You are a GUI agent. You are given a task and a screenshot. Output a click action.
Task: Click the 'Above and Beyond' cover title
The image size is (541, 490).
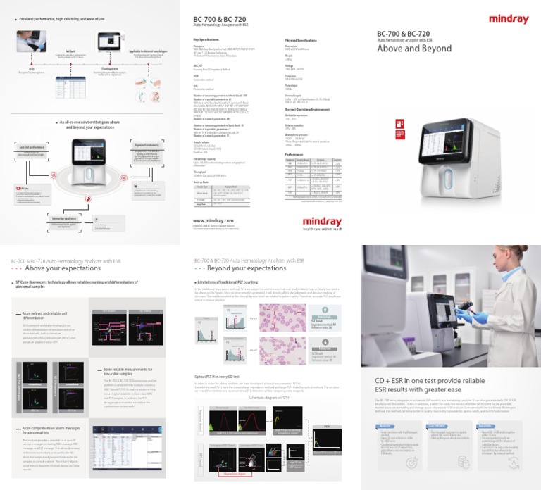(x=414, y=49)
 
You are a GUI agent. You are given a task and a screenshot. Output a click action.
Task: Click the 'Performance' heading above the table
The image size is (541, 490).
(x=296, y=153)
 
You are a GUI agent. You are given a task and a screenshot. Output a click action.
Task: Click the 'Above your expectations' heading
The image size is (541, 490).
(x=56, y=268)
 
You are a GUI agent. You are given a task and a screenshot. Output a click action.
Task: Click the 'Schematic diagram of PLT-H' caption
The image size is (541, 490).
(x=273, y=397)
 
